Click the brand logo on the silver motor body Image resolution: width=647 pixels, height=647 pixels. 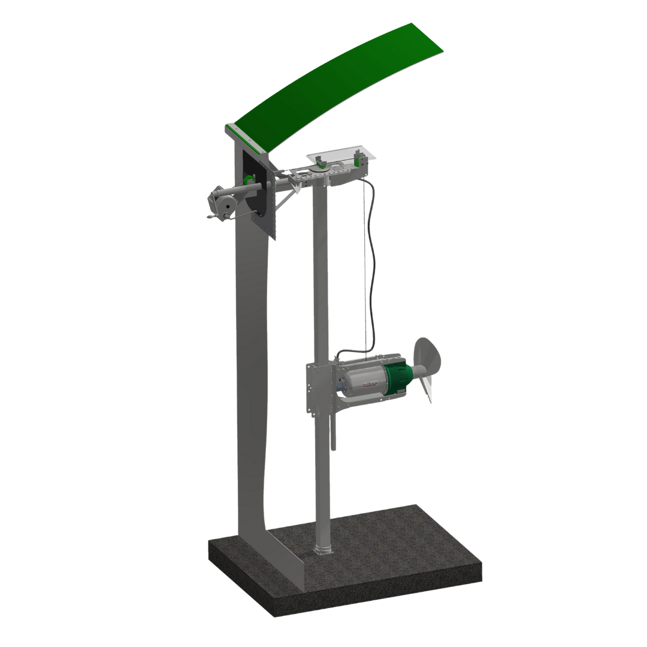click(369, 384)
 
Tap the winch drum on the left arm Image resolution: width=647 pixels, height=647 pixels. click(223, 204)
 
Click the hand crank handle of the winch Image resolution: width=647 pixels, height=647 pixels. click(211, 216)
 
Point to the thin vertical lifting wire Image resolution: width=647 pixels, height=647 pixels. click(364, 270)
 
